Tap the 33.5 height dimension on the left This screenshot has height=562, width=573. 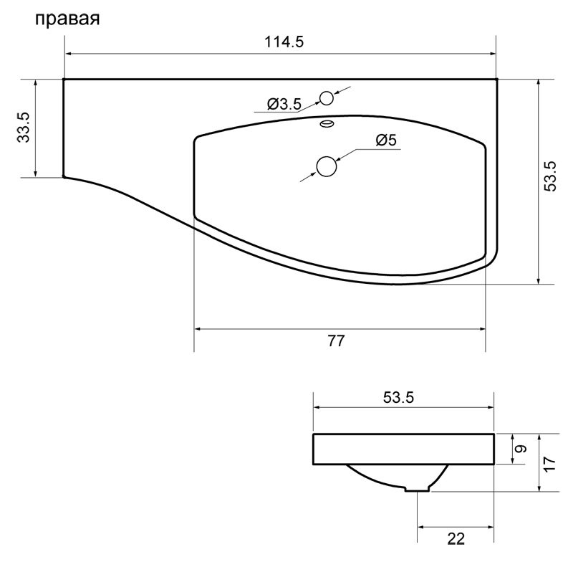pos(24,127)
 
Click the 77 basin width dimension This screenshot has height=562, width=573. pos(336,341)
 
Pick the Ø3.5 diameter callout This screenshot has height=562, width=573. pos(284,104)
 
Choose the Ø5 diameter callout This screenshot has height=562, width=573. pos(385,140)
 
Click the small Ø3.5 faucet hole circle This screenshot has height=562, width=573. pos(327,98)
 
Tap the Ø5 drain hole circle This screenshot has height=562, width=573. pos(327,166)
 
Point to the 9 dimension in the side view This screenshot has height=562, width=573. pos(521,449)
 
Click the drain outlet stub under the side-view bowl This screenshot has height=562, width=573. pos(418,489)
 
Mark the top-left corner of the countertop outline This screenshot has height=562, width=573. pos(64,80)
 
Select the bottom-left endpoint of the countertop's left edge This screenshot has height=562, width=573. pos(64,176)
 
